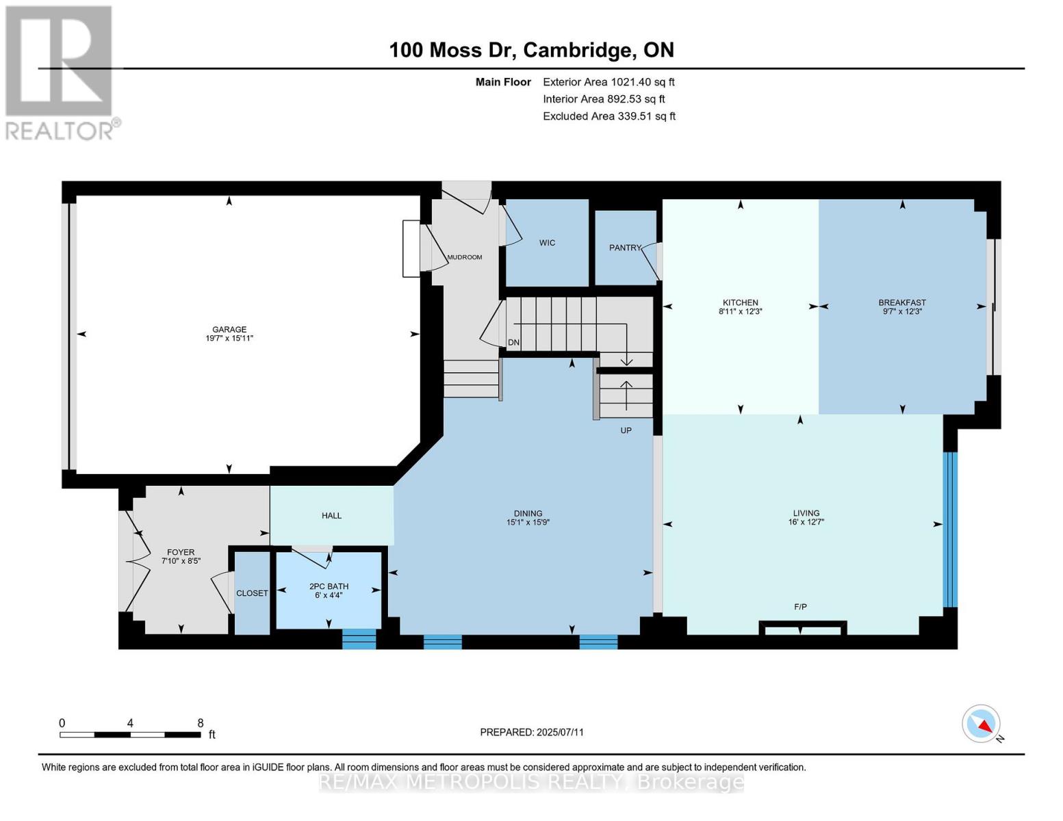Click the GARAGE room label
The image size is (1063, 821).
[x=229, y=329]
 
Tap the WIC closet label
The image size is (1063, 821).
[x=547, y=243]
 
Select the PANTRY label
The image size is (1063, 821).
[x=625, y=248]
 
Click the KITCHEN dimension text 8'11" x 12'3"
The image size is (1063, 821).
[x=740, y=311]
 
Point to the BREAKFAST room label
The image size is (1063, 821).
[x=902, y=302]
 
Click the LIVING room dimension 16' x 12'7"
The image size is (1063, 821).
[x=806, y=522]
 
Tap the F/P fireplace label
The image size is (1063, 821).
[x=800, y=607]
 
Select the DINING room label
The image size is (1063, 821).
[x=528, y=513]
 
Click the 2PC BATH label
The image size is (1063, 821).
[x=329, y=586]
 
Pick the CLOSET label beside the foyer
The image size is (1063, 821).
[x=252, y=593]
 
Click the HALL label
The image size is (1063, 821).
[x=331, y=516]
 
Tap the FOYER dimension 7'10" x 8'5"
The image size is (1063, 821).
[x=181, y=561]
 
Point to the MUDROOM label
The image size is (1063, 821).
[x=464, y=257]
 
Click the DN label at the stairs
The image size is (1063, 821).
[x=513, y=343]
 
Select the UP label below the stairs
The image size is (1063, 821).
[x=626, y=430]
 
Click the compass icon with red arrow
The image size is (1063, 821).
[x=981, y=723]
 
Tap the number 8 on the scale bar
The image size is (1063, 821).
[x=200, y=723]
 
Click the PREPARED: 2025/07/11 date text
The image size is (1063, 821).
[x=532, y=732]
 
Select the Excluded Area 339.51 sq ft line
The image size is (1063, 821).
[x=609, y=116]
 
